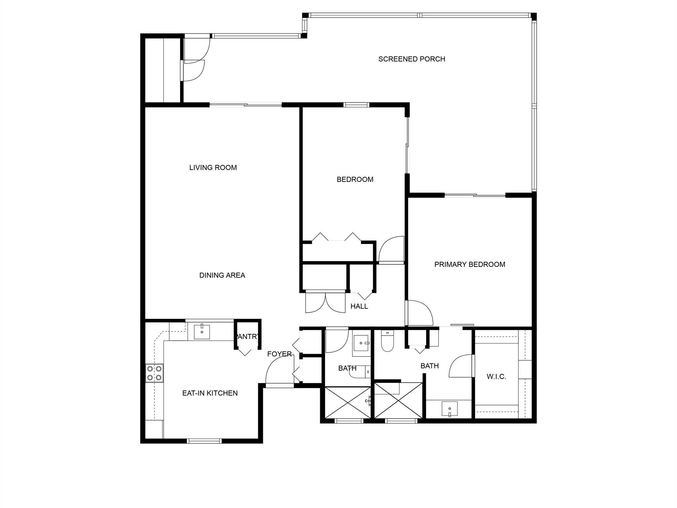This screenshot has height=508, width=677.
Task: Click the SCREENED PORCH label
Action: (x=412, y=59)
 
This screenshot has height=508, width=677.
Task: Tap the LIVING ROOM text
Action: (x=213, y=168)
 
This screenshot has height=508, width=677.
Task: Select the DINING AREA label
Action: (x=222, y=275)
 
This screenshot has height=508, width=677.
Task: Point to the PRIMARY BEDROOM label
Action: (x=470, y=265)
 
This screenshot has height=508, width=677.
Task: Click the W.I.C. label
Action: (x=496, y=377)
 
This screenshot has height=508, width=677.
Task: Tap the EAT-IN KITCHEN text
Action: (x=210, y=393)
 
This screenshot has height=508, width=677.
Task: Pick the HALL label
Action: (x=359, y=307)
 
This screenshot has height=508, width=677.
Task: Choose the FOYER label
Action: (x=279, y=354)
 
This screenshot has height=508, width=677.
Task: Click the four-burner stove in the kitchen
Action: (x=154, y=373)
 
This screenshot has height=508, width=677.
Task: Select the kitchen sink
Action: (x=202, y=332)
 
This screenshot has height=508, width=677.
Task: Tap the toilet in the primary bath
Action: (x=387, y=341)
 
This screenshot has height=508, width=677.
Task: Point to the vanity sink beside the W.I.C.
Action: (x=450, y=409)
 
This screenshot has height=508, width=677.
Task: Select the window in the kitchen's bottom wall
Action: (x=204, y=441)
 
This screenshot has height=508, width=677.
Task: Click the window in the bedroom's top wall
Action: (x=356, y=105)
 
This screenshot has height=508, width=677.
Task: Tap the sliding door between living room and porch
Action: (x=246, y=105)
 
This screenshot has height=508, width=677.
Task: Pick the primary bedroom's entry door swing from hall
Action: (x=419, y=313)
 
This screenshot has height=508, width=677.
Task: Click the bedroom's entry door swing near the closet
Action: (x=391, y=250)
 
